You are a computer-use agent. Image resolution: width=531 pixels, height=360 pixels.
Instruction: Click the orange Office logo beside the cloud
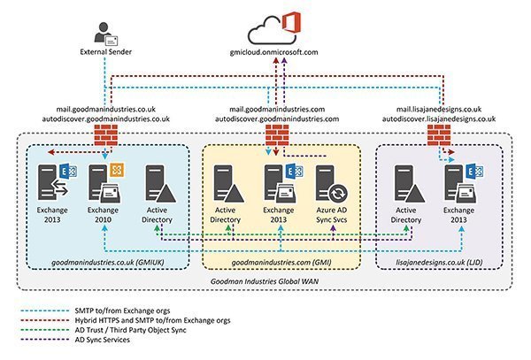pyautogui.click(x=288, y=24)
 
